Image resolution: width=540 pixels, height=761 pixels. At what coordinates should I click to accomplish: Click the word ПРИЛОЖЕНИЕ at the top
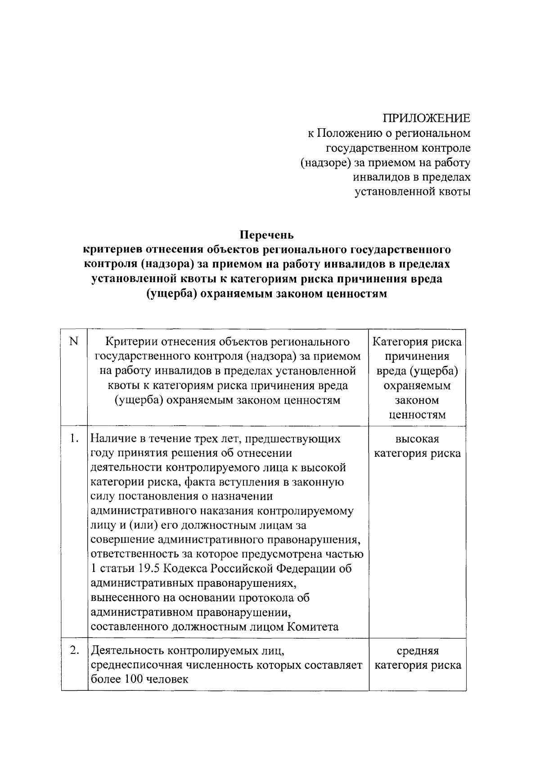pyautogui.click(x=426, y=118)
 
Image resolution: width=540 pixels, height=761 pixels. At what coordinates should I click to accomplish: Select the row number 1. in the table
pyautogui.click(x=75, y=439)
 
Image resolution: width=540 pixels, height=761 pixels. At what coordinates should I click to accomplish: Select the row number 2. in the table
pyautogui.click(x=75, y=651)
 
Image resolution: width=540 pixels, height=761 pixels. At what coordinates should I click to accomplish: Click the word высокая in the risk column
pyautogui.click(x=417, y=439)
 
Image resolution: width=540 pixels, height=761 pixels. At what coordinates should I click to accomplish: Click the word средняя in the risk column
pyautogui.click(x=418, y=651)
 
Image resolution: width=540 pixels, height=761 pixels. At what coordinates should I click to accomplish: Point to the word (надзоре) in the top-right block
pyautogui.click(x=323, y=162)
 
